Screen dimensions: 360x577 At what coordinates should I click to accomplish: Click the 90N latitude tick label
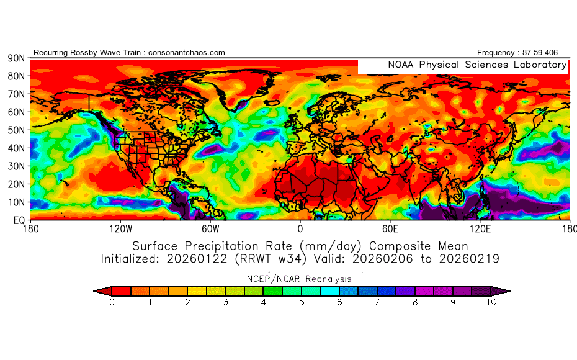(x=15, y=58)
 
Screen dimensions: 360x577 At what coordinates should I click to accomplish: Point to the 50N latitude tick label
(x=15, y=130)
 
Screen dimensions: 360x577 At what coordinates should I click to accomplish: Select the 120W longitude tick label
(x=120, y=228)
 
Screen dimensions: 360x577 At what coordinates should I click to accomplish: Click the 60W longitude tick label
(x=210, y=228)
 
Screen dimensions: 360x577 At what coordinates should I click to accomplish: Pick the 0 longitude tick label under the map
(x=300, y=228)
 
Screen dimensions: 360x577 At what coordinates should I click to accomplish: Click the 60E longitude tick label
(x=390, y=228)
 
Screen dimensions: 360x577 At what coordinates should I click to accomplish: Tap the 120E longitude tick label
(x=480, y=228)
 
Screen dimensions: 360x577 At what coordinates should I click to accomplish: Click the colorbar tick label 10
(x=491, y=303)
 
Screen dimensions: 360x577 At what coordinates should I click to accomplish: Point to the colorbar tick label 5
(x=301, y=303)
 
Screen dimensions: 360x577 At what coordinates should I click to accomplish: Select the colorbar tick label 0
(x=111, y=303)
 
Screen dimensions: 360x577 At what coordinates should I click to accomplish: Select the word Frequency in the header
(x=496, y=53)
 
